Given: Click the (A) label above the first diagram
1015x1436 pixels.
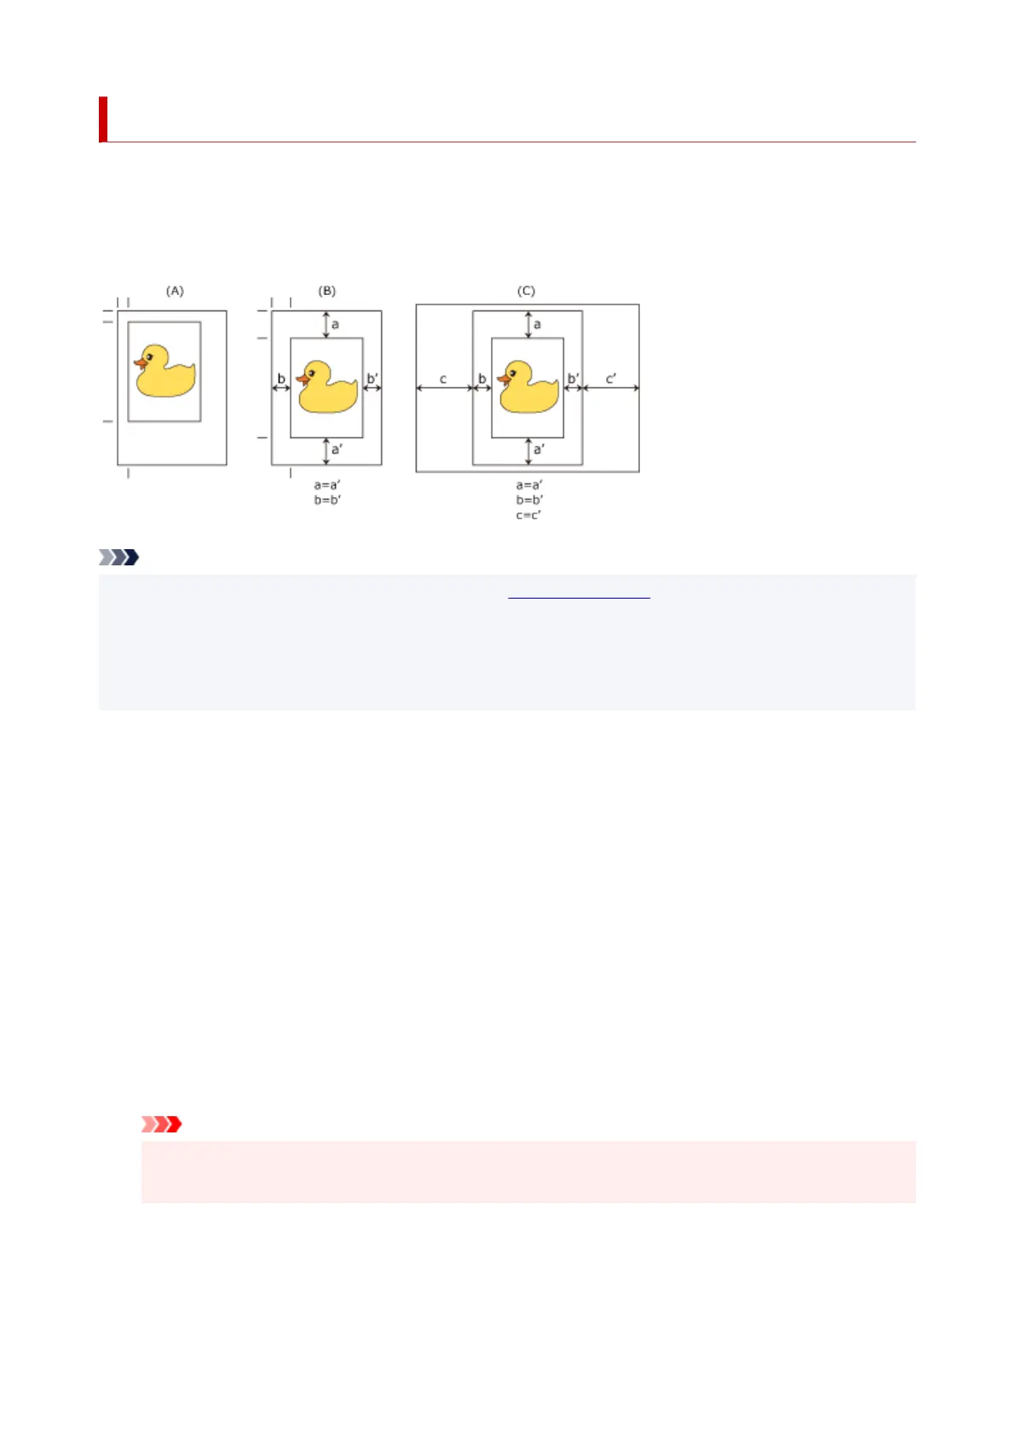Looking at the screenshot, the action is (175, 291).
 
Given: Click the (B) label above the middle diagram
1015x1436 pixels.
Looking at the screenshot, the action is (327, 291).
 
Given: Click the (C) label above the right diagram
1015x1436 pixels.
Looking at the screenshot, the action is (526, 291).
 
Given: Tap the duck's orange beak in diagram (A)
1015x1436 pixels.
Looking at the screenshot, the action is (140, 363).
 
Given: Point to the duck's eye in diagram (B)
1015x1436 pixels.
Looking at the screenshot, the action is (312, 372).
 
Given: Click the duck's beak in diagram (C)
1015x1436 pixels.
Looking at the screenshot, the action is (503, 379).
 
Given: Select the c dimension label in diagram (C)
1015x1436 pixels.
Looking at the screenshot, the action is (443, 379).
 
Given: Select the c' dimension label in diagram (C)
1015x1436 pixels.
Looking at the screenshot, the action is (610, 378).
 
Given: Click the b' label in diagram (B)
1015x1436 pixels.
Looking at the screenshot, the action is (372, 379).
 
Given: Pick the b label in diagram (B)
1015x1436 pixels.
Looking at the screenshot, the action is (281, 379).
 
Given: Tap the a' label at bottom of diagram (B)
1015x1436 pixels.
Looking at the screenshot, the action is (337, 449).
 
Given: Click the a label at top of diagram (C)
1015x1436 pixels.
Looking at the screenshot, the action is (537, 324).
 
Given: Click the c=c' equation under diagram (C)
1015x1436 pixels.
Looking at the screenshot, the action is (528, 515).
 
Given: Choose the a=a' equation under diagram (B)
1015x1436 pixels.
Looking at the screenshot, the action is (327, 485).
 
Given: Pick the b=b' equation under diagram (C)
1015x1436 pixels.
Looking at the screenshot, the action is (528, 500).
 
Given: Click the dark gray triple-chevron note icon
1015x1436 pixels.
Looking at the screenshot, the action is (118, 558).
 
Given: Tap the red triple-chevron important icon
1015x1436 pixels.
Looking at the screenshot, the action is (161, 1124).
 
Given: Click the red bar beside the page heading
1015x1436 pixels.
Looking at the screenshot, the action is (103, 119).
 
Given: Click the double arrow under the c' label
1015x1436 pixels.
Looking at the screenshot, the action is (610, 389).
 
